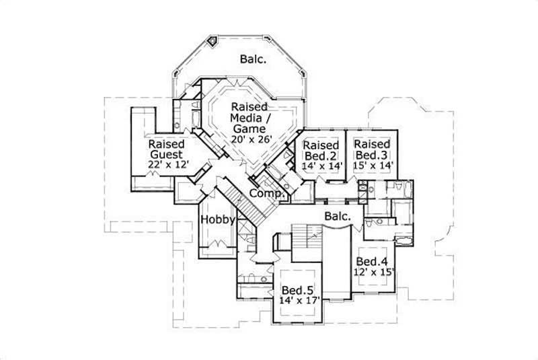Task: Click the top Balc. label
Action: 253,59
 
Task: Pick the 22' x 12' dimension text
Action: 167,164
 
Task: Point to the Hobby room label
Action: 218,220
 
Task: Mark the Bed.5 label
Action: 297,290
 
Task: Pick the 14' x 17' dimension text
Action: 297,301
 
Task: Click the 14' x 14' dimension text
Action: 321,164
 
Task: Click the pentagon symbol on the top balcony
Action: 213,41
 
